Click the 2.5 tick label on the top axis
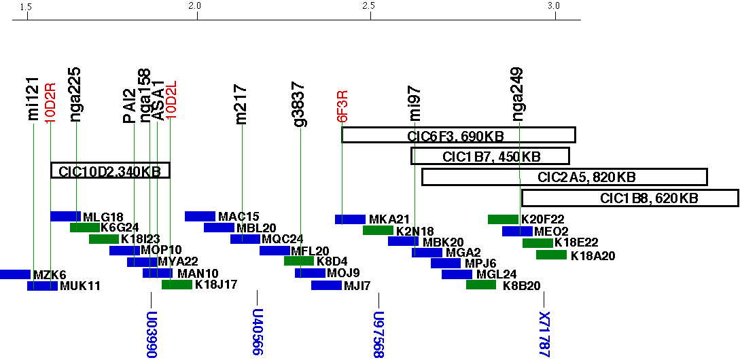coord(370,6)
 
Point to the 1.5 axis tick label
coord(27,6)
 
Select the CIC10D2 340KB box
coord(110,170)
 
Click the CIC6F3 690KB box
coord(458,134)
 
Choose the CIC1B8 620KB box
coord(629,198)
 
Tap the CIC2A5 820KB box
coord(564,177)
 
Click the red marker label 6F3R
coord(343,106)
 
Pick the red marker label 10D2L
coord(171,101)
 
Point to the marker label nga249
coord(518,94)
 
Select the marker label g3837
coord(299,105)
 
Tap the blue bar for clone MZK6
coord(15,274)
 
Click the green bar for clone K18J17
coord(177,285)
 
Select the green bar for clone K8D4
coord(299,261)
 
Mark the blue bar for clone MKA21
coord(350,219)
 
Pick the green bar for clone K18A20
coord(551,255)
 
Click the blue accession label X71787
coord(543,334)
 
